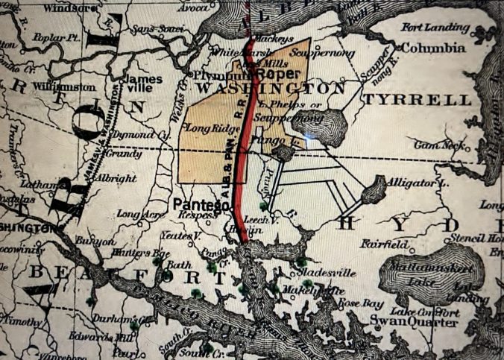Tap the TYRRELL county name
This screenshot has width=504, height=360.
(418, 99)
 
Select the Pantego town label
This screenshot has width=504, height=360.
(201, 203)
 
